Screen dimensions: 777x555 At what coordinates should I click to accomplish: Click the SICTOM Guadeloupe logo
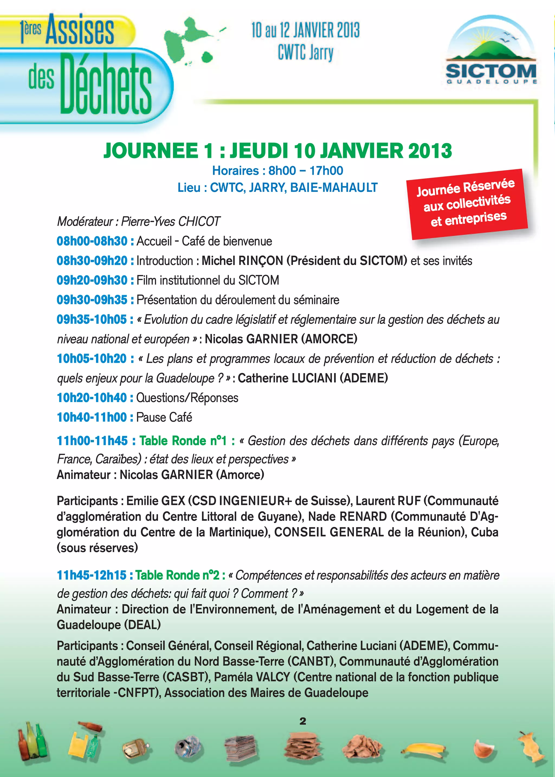[x=491, y=55]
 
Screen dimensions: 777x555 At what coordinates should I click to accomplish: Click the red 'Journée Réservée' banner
[x=467, y=204]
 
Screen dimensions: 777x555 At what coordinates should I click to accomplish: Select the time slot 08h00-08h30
[x=92, y=241]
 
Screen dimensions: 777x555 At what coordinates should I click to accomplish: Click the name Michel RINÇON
[x=242, y=261]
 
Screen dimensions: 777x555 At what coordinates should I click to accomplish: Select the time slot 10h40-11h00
[x=92, y=417]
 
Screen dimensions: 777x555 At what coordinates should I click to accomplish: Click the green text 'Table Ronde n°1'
[x=183, y=441]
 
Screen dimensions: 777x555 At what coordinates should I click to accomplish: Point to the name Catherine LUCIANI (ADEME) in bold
[x=313, y=378]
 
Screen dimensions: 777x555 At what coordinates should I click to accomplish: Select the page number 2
[x=303, y=721]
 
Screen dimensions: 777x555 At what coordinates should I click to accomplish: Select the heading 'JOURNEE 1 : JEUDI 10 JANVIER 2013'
[x=277, y=151]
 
